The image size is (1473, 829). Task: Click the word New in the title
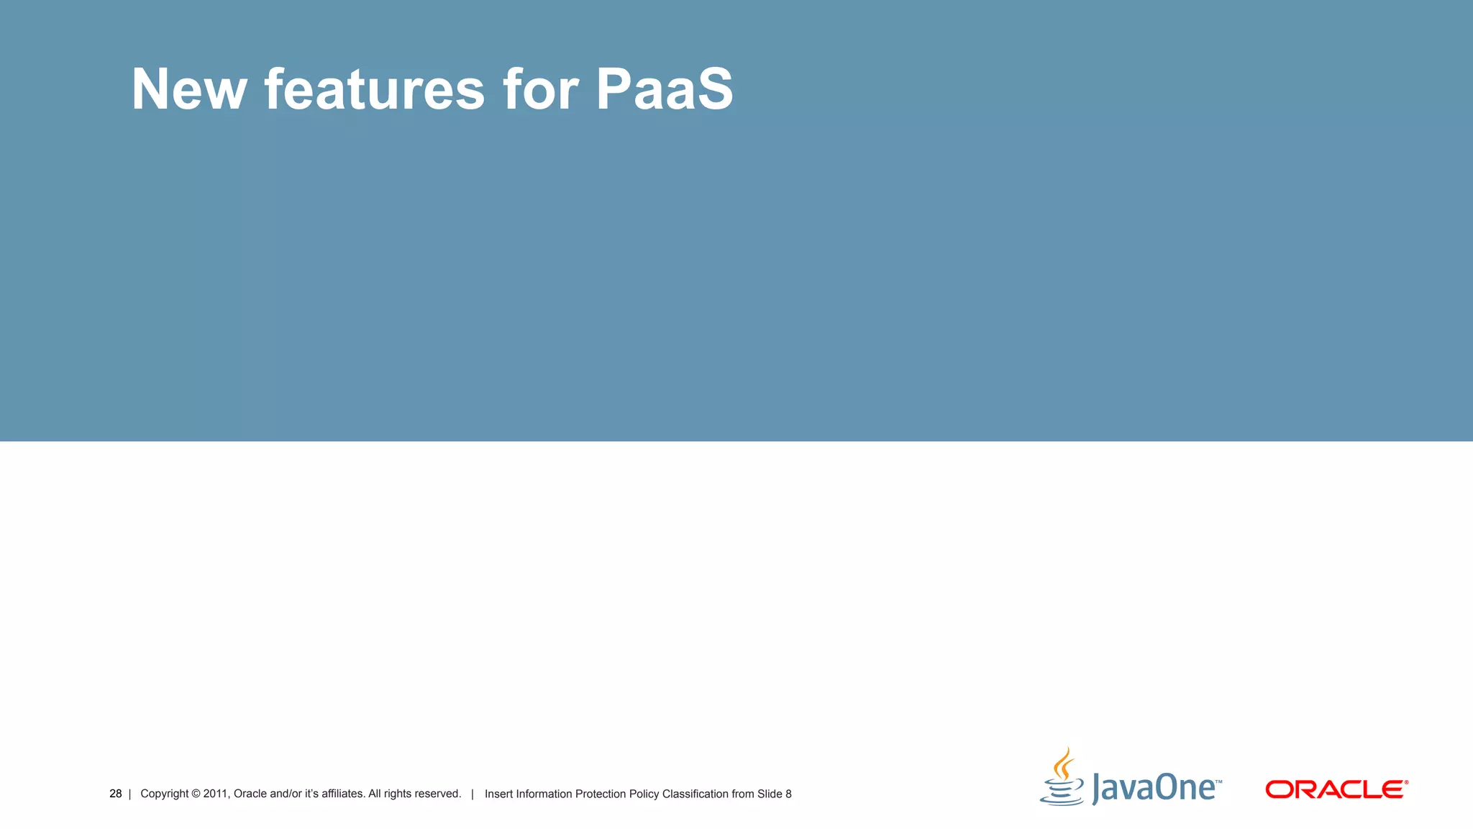[188, 90]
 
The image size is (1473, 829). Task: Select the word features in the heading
[374, 90]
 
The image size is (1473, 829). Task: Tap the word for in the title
[540, 90]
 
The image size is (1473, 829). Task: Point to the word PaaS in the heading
[665, 90]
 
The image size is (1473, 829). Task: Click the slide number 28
[115, 794]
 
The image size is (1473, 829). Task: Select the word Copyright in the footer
[164, 794]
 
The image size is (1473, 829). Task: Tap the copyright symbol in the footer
[196, 794]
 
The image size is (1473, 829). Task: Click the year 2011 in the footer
[215, 794]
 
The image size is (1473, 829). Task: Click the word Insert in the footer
[498, 794]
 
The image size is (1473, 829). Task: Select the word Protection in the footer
[601, 794]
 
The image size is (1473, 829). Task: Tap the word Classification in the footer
[695, 794]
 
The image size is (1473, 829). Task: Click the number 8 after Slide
[788, 794]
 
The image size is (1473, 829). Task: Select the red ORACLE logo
[1336, 789]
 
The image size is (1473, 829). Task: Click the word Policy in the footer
[644, 794]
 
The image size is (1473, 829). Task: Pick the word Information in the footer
[544, 794]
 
